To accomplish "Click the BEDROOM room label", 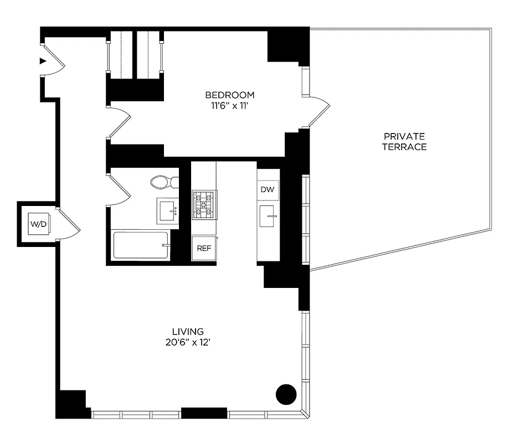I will [229, 94].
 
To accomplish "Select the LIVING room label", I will [188, 332].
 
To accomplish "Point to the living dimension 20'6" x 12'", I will [188, 342].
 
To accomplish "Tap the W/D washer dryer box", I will [38, 224].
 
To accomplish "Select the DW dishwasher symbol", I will [268, 189].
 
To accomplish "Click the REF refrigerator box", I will [204, 248].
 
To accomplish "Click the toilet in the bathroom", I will [163, 182].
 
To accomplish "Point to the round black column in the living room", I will [286, 394].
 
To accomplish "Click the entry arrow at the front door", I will [43, 61].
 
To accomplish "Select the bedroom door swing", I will [120, 121].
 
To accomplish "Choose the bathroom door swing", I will [120, 187].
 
